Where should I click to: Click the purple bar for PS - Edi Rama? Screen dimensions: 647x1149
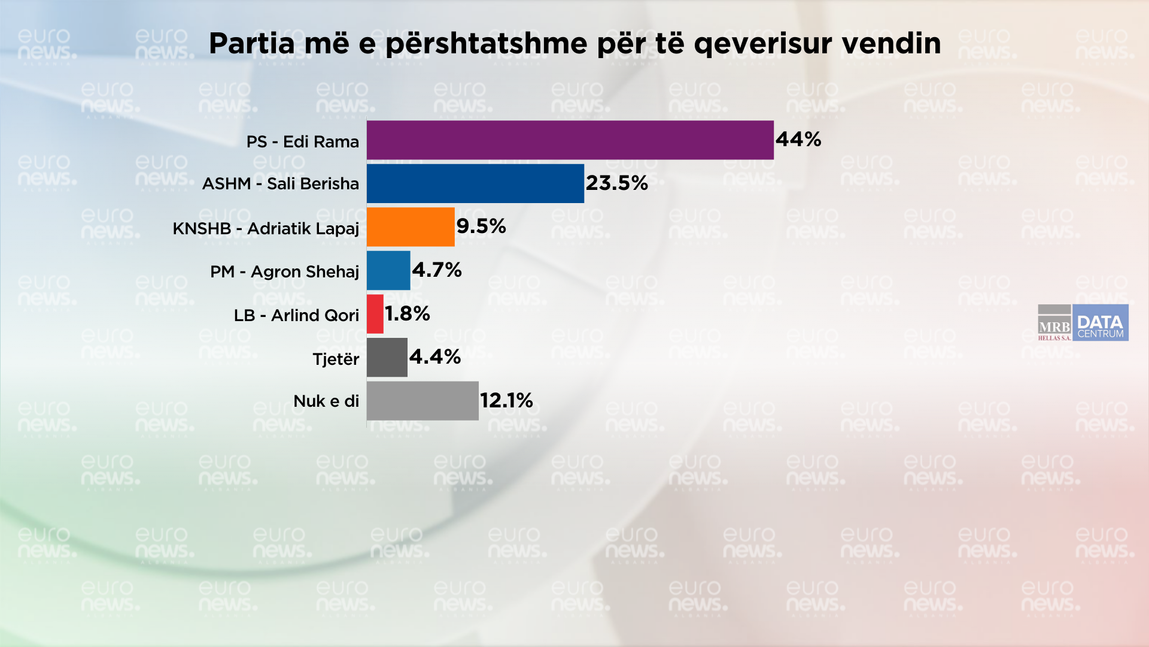click(570, 140)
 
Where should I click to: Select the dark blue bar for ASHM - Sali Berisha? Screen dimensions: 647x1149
click(475, 184)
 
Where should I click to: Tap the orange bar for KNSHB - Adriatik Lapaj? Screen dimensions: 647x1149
click(411, 227)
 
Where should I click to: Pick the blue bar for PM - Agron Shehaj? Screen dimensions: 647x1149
click(388, 271)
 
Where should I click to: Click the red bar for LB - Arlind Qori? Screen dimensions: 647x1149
click(375, 314)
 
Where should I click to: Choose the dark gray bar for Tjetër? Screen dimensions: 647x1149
click(387, 358)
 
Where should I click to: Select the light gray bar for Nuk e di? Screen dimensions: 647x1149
click(422, 401)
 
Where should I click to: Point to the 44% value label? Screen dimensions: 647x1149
click(798, 140)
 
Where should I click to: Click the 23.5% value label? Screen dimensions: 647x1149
click(616, 183)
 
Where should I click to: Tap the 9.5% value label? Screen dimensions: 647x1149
click(481, 226)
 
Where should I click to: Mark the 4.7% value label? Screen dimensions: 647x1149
click(437, 270)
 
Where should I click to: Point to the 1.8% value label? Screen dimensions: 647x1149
click(408, 314)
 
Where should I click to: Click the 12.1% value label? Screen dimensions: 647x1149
click(506, 401)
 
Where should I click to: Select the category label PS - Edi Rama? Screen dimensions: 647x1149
click(303, 142)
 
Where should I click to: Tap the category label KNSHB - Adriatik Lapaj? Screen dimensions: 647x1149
click(266, 229)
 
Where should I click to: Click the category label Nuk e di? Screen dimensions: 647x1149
click(326, 401)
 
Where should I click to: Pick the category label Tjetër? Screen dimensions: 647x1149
click(336, 359)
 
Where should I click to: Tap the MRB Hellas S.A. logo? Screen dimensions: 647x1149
click(1054, 323)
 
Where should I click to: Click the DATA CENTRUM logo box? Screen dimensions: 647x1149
click(1101, 323)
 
